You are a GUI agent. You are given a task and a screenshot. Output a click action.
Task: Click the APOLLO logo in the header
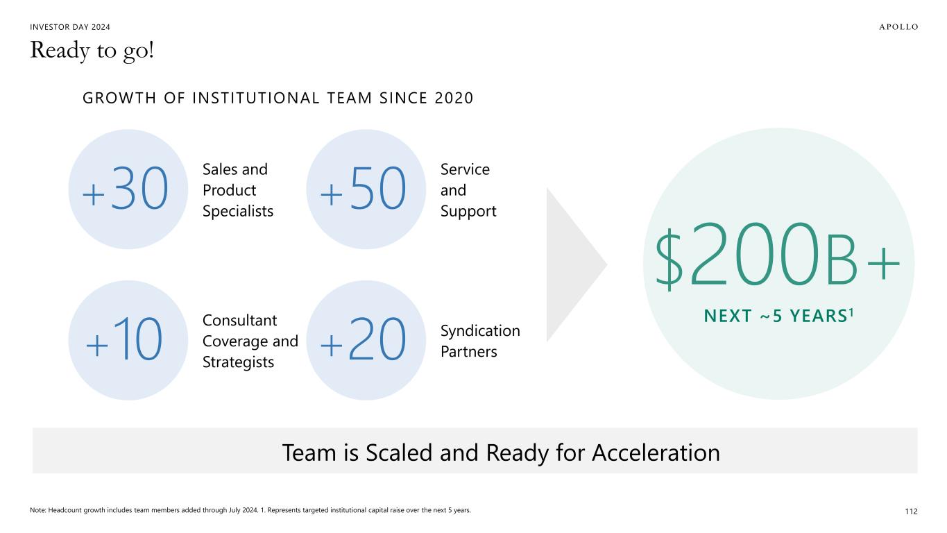[x=898, y=27]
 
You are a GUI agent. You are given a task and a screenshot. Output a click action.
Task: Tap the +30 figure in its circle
[x=126, y=188]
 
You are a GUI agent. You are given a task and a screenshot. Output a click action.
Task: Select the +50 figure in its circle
[x=363, y=188]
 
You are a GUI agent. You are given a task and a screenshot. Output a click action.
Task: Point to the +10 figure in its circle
[x=124, y=339]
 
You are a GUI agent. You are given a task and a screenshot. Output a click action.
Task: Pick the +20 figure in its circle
[x=363, y=339]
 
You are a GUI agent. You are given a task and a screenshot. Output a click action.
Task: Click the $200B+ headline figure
[x=778, y=256]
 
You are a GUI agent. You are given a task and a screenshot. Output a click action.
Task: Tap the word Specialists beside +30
[x=238, y=211]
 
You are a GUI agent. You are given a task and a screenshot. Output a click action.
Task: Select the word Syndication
[x=480, y=331]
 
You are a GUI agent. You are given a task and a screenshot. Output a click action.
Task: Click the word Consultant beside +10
[x=240, y=320]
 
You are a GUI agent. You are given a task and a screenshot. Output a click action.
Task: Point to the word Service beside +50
[x=465, y=169]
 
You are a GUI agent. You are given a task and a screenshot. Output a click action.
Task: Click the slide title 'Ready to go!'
[x=92, y=51]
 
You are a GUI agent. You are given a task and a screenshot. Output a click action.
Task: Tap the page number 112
[x=911, y=511]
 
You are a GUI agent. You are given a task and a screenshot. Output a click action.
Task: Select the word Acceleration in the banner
[x=656, y=452]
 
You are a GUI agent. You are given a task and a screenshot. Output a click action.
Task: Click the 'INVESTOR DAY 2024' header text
[x=70, y=27]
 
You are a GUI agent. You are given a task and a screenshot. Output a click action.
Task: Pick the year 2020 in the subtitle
[x=454, y=98]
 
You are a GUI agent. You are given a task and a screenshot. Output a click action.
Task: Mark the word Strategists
[x=238, y=362]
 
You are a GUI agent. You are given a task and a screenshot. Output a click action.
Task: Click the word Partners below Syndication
[x=469, y=352]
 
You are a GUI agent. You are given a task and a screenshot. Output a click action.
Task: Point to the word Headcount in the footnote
[x=65, y=510]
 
